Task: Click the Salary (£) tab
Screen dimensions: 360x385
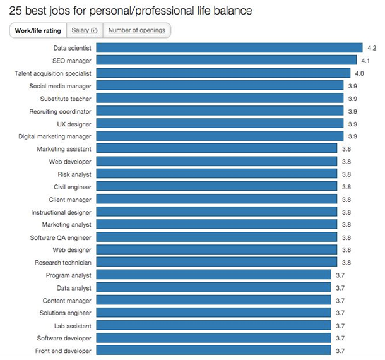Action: point(85,30)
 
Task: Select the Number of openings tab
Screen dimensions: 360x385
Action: point(136,30)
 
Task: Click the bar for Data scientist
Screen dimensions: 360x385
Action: point(228,48)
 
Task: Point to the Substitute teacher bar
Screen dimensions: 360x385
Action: point(220,99)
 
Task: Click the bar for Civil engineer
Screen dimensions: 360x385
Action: point(216,187)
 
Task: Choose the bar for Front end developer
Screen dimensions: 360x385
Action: point(213,351)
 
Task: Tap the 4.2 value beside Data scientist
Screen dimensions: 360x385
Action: point(372,48)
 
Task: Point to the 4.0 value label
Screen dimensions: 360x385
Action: point(359,73)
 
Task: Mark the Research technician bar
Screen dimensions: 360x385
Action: point(216,262)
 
